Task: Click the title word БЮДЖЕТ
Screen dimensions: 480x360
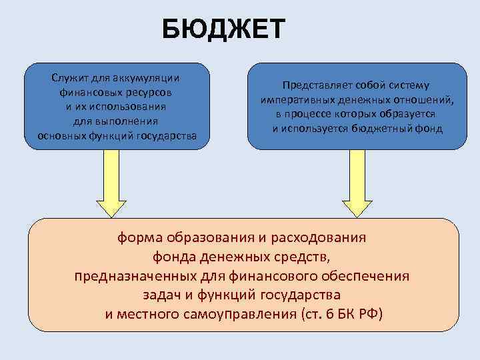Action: click(x=224, y=30)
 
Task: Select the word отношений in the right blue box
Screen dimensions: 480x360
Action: click(x=423, y=100)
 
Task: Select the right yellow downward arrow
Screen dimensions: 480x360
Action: click(x=357, y=183)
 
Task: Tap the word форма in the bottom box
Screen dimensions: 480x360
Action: click(x=139, y=237)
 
